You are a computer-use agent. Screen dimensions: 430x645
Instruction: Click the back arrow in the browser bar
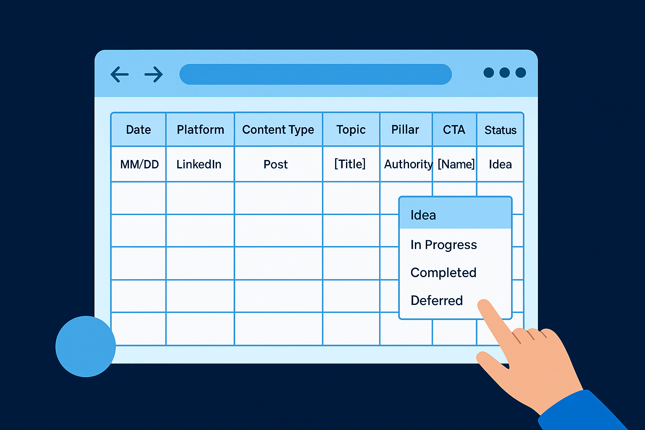(119, 75)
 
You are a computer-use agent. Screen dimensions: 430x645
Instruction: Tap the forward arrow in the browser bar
(154, 75)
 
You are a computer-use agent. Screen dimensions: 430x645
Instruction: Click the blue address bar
(315, 74)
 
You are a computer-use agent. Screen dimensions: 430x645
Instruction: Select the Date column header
(139, 130)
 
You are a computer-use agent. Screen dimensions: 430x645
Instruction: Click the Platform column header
(200, 130)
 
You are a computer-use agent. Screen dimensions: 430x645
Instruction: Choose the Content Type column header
(278, 130)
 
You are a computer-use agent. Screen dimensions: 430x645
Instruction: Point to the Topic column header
(351, 130)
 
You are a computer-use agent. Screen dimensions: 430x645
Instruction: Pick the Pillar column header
(405, 130)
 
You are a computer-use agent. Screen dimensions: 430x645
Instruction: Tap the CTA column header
(454, 130)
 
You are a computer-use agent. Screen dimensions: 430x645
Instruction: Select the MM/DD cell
(139, 164)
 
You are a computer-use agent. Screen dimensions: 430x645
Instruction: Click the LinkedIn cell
(199, 164)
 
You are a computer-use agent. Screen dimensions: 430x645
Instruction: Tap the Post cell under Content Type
(276, 164)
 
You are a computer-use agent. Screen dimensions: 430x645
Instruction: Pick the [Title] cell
(350, 164)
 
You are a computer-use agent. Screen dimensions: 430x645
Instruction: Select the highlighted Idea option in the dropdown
(423, 215)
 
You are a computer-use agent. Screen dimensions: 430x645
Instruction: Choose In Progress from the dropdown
(443, 245)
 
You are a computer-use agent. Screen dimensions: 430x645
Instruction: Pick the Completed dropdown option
(443, 273)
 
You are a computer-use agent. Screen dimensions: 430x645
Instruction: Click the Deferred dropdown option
(437, 301)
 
